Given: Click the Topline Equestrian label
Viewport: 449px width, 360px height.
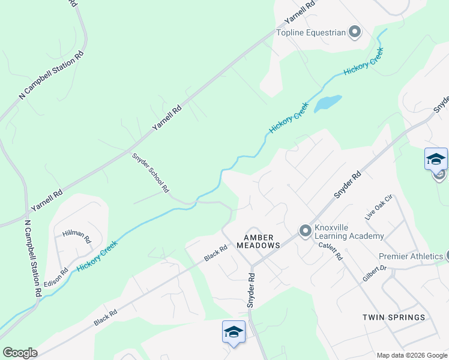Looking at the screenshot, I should coord(311,32).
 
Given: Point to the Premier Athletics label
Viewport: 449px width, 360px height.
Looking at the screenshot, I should coord(411,256).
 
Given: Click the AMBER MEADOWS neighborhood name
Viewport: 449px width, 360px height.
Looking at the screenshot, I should coord(258,241).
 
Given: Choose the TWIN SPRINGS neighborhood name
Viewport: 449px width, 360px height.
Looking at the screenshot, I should coord(394,317).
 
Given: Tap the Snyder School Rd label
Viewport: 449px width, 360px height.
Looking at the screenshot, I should coord(151,172).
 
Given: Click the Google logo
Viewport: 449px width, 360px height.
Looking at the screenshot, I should coord(20,352).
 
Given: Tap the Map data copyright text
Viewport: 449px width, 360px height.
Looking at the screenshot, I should coord(412,355).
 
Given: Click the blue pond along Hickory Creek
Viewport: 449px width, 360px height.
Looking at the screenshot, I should coord(328,102).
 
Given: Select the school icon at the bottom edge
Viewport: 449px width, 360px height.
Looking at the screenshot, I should coord(234,332).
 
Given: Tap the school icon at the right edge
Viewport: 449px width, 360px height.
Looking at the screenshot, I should coord(436,160).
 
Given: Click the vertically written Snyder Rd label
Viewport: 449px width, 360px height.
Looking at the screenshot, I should coord(252,291).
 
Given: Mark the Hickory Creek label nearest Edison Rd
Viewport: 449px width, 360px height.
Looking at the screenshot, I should coord(97,254).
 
